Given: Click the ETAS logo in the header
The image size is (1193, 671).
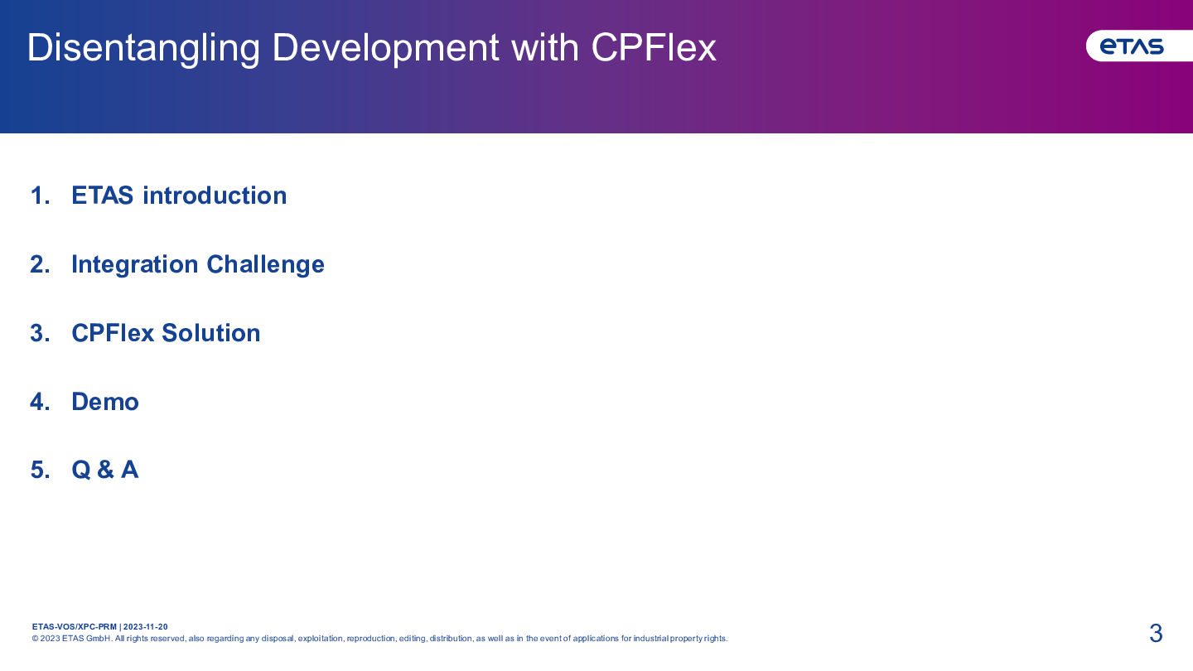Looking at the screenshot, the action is point(1133,46).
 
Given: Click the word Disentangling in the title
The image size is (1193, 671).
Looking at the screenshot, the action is point(143,48).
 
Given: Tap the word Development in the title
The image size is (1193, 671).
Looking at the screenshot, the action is point(385,48).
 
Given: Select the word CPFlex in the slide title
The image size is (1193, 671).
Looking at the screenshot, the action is point(654,47).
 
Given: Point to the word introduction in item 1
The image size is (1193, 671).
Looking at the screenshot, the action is point(215,196).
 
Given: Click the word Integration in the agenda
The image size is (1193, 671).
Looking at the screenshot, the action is point(135,265).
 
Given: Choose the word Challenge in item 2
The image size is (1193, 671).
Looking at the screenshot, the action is point(265,265).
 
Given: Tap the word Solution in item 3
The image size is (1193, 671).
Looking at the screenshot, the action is point(211,333).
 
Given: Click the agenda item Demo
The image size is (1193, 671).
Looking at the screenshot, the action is point(105,402).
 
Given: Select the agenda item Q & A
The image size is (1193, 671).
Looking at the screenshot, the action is point(105,470).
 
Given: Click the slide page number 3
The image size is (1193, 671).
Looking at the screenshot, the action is point(1156,633).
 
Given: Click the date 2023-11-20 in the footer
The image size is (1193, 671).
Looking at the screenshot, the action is point(146,627).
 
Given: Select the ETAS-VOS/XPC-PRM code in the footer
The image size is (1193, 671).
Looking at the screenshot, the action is point(74,627).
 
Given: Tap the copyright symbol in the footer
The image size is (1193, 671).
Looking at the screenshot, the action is point(35,639).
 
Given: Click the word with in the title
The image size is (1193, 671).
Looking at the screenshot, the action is point(545,47).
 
